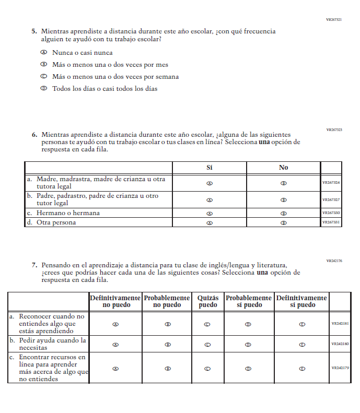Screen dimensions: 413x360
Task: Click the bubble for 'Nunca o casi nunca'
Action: coord(44,53)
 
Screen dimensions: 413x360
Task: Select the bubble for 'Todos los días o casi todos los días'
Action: coord(44,89)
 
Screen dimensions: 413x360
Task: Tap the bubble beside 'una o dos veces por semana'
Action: coord(44,77)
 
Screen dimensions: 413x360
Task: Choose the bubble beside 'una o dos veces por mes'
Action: coord(44,65)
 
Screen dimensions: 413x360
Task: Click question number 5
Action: coord(34,31)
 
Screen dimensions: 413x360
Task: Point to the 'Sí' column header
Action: coord(210,168)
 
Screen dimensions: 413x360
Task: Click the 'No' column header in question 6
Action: coord(283,168)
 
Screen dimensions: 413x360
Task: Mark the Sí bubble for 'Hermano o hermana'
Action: coord(210,214)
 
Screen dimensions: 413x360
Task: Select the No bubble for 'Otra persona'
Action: coord(283,222)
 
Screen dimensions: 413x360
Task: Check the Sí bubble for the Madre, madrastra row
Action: coord(210,183)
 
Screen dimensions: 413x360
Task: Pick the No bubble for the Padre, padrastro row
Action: coord(283,200)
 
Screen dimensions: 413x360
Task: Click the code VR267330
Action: coord(331,214)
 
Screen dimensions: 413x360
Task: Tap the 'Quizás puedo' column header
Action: coord(208,301)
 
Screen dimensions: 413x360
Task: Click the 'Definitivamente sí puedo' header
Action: coord(301,301)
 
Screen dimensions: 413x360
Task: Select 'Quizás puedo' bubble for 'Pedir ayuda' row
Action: coord(207,345)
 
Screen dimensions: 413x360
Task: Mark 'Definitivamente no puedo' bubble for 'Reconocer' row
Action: coord(115,324)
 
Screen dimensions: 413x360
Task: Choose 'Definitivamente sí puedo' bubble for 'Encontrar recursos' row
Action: coord(302,369)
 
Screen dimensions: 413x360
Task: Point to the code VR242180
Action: coord(340,345)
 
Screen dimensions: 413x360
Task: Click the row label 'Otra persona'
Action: coord(56,222)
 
